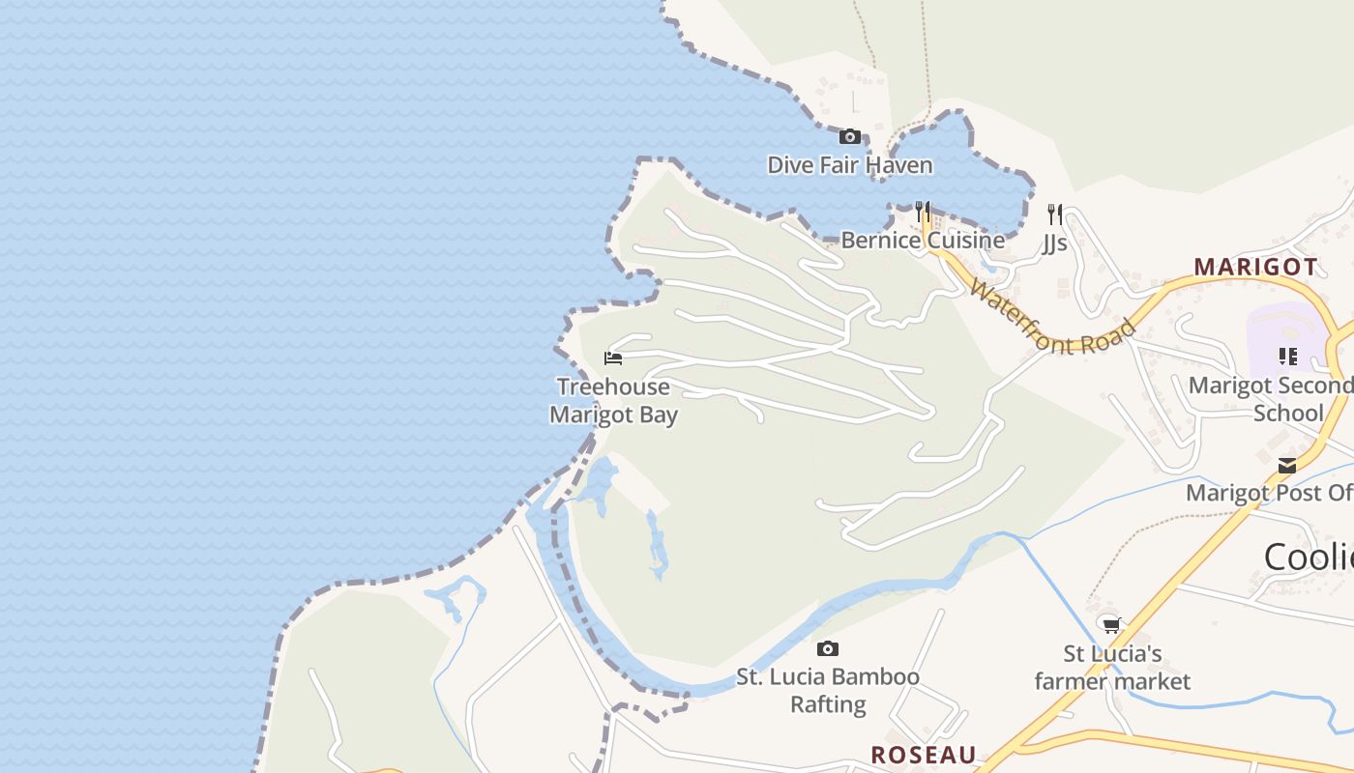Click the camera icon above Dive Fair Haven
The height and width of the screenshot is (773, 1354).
(849, 137)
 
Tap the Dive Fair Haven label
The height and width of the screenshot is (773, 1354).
(849, 165)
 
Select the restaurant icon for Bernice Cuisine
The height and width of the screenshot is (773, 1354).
(923, 212)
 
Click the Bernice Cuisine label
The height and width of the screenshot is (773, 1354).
(922, 240)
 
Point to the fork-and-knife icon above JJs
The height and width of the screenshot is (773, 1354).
(1054, 214)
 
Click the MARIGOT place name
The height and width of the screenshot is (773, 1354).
(1255, 267)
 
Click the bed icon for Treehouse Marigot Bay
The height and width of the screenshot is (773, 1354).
(613, 358)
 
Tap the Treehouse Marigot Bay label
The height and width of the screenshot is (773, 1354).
(613, 401)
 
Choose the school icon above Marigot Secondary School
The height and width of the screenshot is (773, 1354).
(1287, 357)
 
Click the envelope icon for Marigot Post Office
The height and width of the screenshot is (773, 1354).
(1287, 466)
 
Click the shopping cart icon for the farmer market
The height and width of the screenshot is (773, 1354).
(1111, 625)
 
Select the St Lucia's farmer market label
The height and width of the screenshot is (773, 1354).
(1112, 668)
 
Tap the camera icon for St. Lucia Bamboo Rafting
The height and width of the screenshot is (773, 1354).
(827, 648)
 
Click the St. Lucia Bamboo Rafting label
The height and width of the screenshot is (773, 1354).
(828, 690)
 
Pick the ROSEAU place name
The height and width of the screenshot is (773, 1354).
(923, 755)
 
